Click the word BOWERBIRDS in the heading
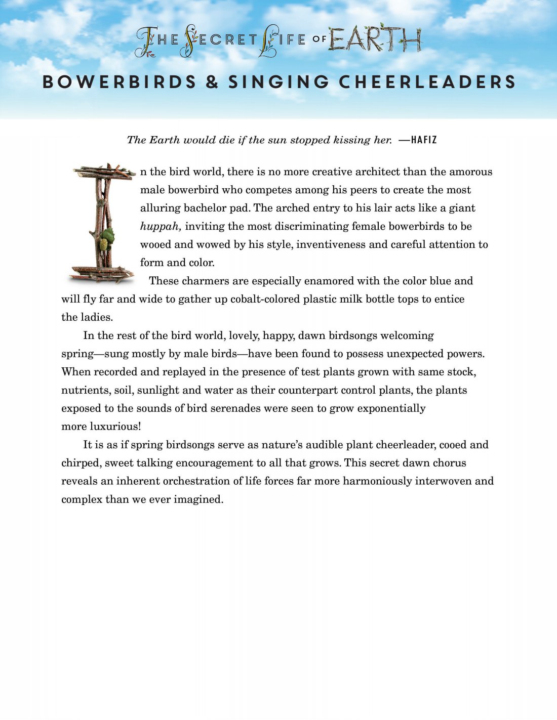119,82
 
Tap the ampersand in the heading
212,82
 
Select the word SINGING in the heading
278,82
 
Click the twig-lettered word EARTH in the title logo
375,40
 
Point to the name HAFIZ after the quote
424,140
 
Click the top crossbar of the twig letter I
104,173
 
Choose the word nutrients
86,390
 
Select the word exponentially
391,408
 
